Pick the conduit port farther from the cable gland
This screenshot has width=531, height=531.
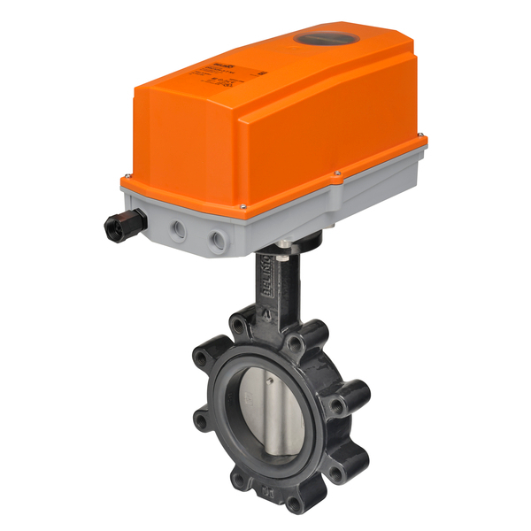tap(217, 240)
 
